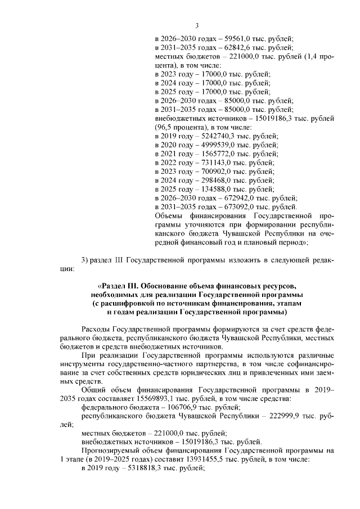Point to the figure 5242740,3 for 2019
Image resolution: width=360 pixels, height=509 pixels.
click(x=220, y=136)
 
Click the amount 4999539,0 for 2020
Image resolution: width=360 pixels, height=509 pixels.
click(x=220, y=145)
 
